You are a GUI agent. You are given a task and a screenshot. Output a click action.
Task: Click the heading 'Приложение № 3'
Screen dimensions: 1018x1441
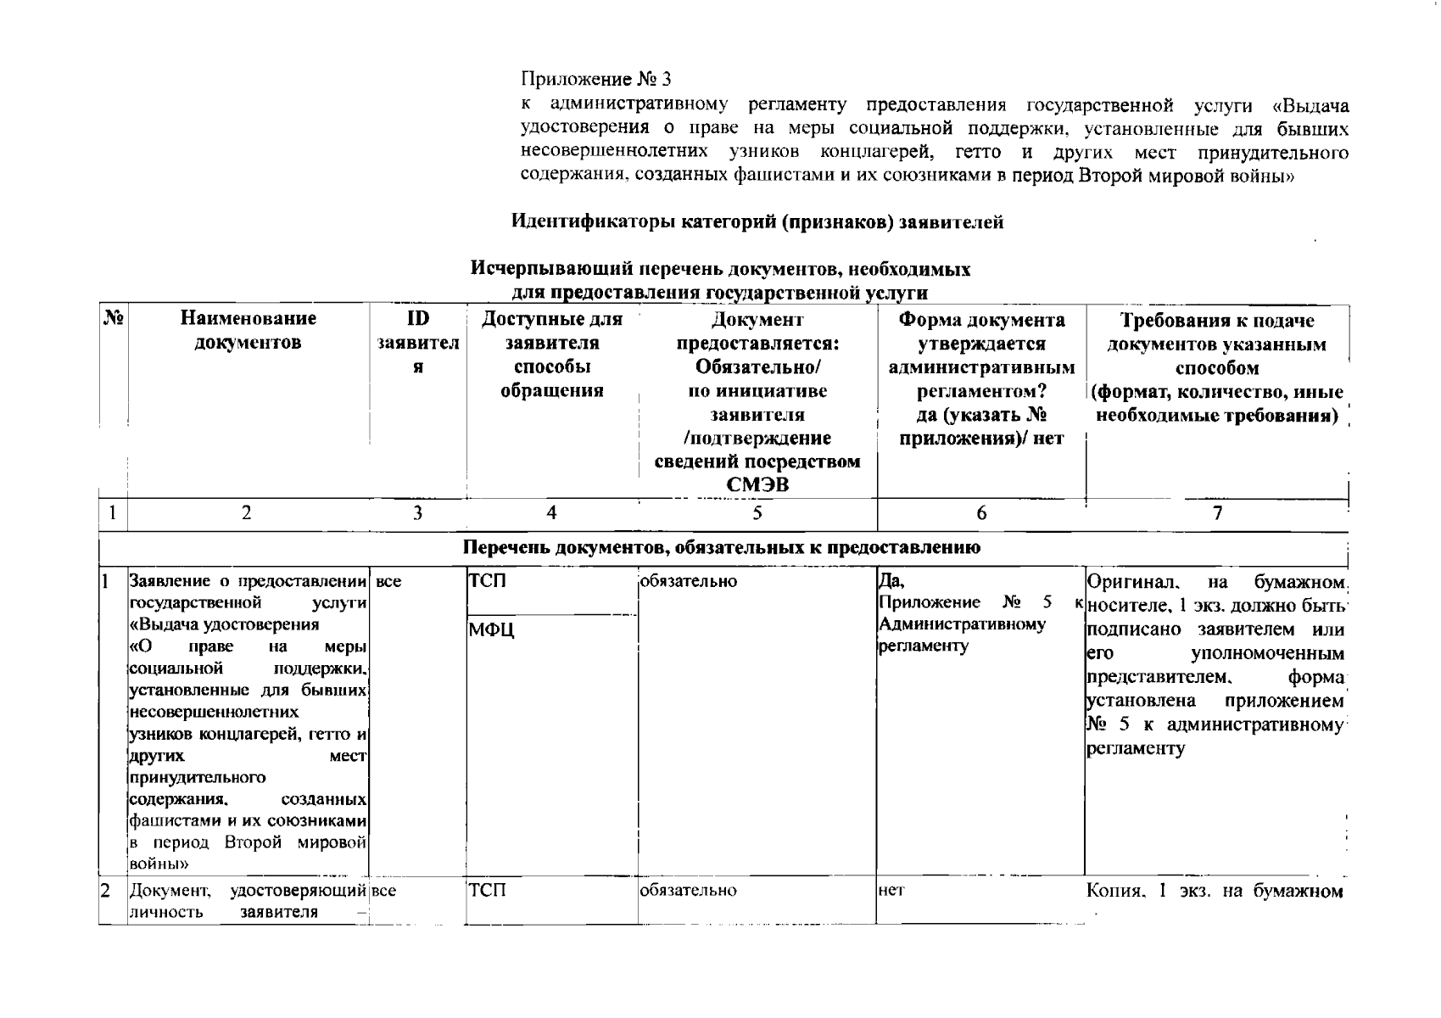click(595, 80)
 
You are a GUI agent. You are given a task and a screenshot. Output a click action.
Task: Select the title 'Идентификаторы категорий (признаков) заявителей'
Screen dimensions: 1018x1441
click(757, 222)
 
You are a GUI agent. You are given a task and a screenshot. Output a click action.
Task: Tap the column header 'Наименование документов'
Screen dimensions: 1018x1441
click(248, 331)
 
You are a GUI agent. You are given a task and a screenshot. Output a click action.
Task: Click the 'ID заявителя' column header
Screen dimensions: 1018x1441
click(417, 343)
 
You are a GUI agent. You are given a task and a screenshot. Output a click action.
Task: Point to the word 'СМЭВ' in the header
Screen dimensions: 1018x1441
click(757, 484)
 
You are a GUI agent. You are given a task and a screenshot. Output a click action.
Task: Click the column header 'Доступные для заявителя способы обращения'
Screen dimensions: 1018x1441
click(551, 355)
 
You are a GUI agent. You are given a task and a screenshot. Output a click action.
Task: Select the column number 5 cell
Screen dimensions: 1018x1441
click(757, 512)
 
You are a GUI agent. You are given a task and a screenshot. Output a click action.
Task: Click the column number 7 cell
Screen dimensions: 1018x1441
click(1217, 512)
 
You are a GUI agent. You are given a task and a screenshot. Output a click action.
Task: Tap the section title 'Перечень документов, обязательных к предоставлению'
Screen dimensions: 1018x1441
click(722, 547)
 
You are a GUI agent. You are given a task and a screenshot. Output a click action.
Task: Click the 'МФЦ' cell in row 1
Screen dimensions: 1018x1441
click(491, 630)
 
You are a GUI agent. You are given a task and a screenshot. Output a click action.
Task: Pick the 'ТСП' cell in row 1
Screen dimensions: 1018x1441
click(487, 582)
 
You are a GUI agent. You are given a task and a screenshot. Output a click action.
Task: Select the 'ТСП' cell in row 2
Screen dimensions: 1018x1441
click(487, 891)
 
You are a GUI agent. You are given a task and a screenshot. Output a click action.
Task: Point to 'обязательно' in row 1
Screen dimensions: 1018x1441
click(688, 582)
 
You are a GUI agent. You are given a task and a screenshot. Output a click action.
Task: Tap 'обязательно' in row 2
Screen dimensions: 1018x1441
click(688, 891)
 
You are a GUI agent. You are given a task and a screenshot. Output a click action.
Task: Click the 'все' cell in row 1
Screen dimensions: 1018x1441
click(388, 583)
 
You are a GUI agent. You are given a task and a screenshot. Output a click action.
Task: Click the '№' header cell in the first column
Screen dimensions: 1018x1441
click(114, 319)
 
